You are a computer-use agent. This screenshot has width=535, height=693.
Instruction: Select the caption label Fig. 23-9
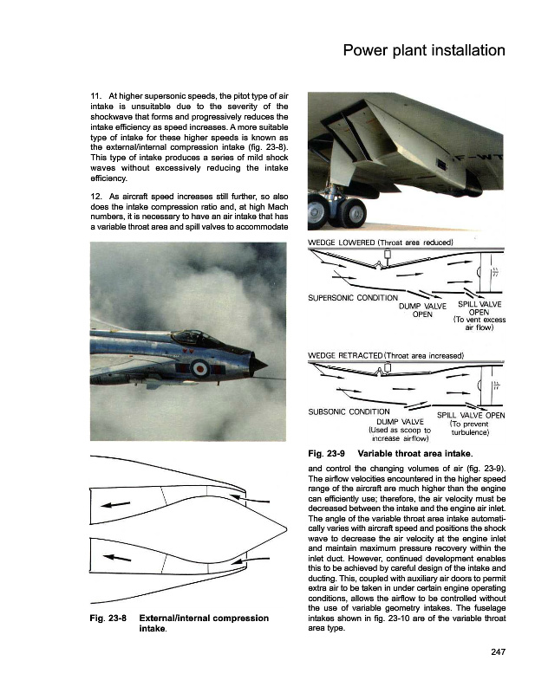327,453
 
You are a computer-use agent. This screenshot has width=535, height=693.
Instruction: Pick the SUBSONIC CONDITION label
344,411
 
